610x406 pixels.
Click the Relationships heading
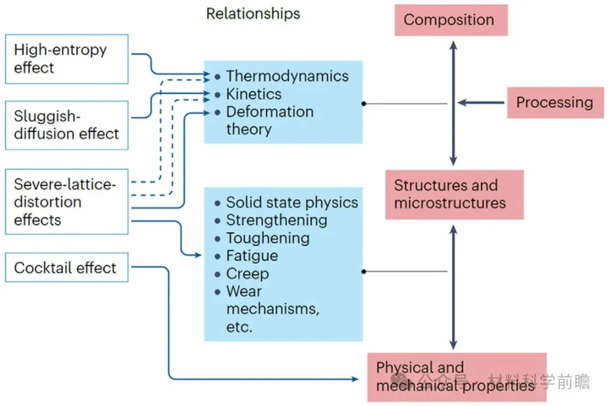253,14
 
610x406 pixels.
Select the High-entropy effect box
67,59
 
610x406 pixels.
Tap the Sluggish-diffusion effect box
67,125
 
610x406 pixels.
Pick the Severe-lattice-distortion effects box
67,202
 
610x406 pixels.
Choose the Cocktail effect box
67,268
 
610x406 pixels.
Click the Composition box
450,20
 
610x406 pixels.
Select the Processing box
555,102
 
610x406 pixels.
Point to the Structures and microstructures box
454,194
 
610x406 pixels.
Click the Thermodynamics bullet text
287,76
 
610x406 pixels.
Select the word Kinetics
254,94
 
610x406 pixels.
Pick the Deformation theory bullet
269,120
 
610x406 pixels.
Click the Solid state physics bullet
292,202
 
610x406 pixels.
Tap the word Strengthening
276,220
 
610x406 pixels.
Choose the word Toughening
268,238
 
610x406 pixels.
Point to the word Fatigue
252,256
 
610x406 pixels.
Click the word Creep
247,274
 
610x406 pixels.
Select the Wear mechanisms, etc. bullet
272,309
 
